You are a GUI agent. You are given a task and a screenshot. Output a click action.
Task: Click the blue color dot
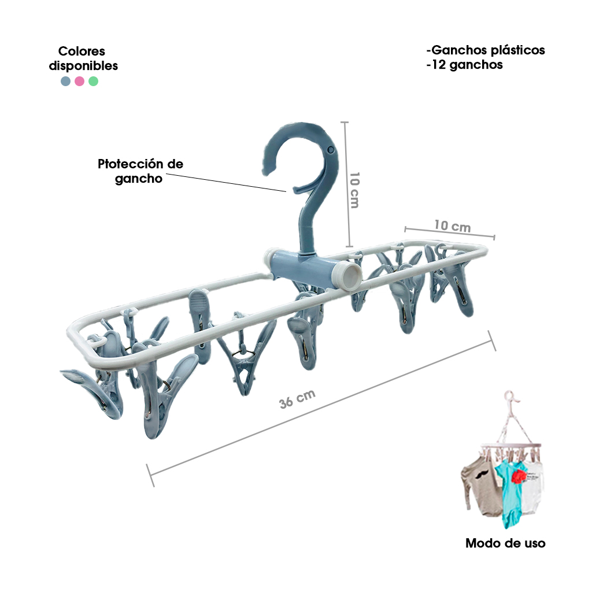(66, 81)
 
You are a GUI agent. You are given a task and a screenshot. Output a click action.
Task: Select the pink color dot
(79, 81)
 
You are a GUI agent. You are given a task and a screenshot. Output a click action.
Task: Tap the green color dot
(93, 81)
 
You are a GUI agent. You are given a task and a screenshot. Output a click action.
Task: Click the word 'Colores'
(82, 51)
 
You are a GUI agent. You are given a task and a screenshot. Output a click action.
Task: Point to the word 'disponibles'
(83, 66)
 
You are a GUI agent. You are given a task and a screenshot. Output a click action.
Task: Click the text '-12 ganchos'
(464, 65)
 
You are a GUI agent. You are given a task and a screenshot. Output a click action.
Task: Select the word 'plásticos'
(517, 50)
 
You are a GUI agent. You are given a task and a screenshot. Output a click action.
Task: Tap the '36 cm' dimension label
(297, 399)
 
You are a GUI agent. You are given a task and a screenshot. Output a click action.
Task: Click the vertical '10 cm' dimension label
(354, 190)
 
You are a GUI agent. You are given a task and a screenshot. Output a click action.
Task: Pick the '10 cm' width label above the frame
(452, 226)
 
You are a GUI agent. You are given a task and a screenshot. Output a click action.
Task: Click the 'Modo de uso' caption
(505, 543)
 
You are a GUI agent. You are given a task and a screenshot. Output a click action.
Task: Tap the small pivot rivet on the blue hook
(331, 150)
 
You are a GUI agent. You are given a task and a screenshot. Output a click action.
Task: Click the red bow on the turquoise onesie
(519, 476)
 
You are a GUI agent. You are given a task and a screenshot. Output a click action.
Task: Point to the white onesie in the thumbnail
(533, 487)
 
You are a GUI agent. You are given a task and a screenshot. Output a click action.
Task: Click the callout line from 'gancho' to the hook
(226, 183)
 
